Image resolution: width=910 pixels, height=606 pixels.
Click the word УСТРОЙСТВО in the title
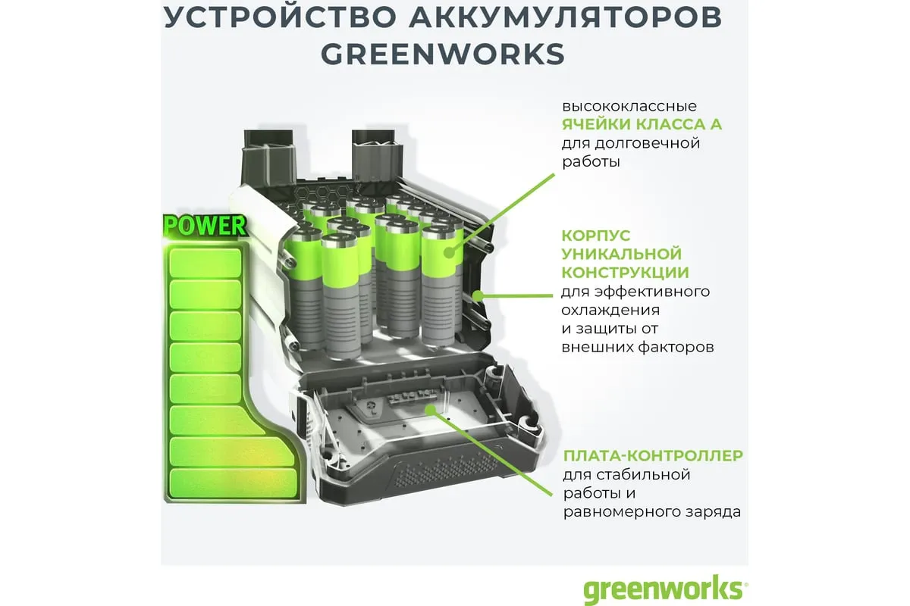pos(280,17)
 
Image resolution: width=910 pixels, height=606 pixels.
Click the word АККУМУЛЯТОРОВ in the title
pos(565,17)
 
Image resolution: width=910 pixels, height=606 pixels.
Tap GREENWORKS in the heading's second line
pos(443,54)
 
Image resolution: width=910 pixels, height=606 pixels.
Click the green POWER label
pos(205,226)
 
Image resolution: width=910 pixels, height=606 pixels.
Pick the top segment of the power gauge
pos(206,263)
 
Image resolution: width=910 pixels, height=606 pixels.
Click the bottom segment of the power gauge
pos(234,483)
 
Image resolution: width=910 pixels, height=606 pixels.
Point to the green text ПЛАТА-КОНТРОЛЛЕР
pos(653,455)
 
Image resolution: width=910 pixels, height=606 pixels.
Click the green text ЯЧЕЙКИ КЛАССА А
pos(642,124)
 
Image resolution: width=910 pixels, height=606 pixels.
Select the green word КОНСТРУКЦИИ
pos(625,273)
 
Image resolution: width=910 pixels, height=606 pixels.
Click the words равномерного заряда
pos(652,512)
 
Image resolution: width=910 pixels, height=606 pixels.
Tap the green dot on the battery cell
pos(449,252)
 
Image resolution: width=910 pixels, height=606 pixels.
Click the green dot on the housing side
pos(479,295)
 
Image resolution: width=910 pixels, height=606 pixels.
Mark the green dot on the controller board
pos(431,410)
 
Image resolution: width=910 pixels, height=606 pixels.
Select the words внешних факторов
pos(638,348)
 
